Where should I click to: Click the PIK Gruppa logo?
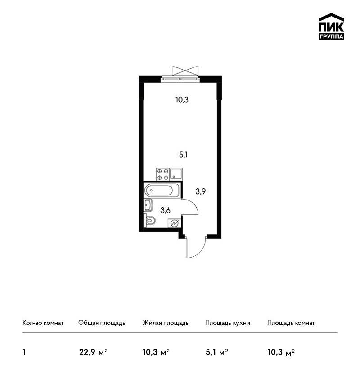tap(331, 27)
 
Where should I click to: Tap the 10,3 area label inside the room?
tap(182, 100)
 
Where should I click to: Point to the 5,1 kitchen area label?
tap(184, 155)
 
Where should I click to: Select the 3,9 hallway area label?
tap(201, 191)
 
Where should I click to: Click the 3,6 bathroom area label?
tap(165, 210)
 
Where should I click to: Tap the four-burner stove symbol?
tap(163, 174)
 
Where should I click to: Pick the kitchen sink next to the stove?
tap(176, 174)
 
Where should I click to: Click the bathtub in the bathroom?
tap(162, 190)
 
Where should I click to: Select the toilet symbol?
tap(150, 221)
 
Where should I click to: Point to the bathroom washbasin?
tap(148, 205)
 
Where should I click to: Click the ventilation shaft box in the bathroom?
tap(174, 222)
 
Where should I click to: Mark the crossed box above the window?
tap(185, 70)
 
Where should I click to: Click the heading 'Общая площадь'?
tap(102, 323)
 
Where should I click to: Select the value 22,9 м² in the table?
tap(94, 352)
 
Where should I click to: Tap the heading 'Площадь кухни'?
tap(228, 323)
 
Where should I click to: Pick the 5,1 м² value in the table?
tap(217, 352)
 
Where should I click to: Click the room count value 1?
tap(24, 352)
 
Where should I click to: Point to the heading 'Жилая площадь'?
tap(165, 323)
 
